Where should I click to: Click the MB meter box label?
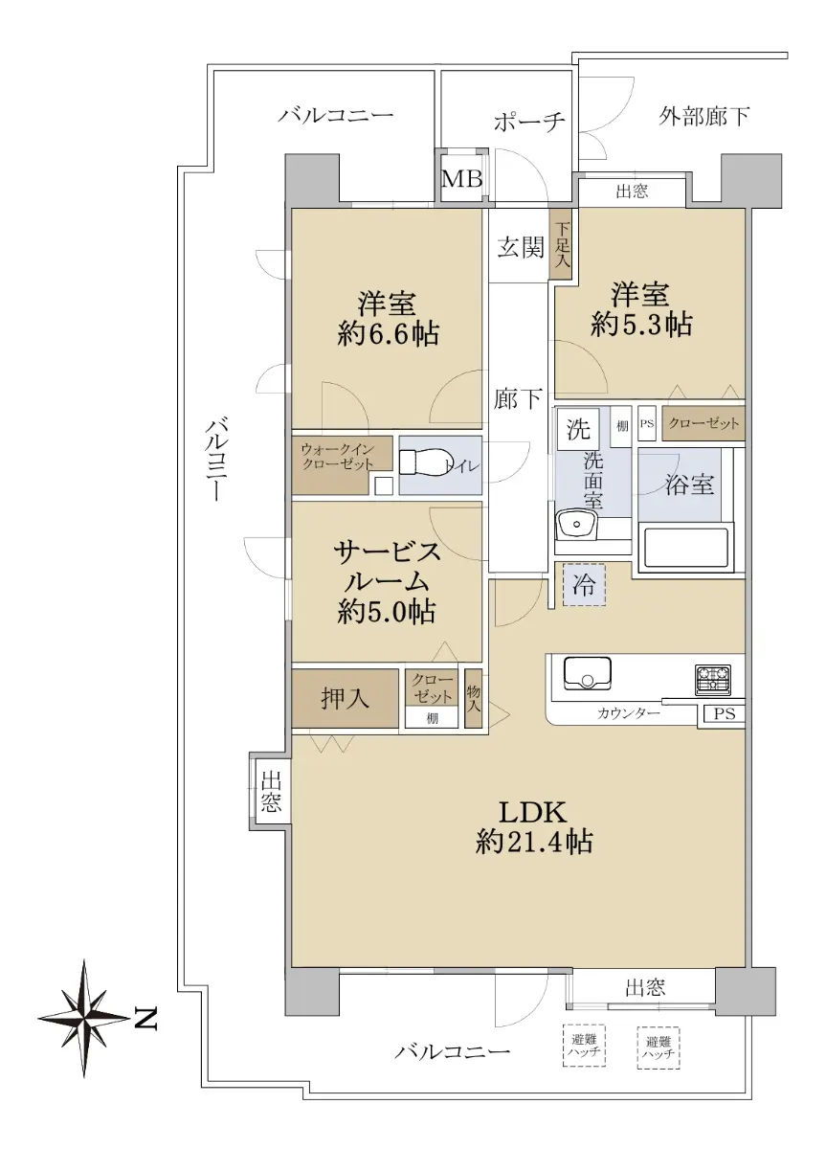(x=461, y=179)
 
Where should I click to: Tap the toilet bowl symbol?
(x=425, y=463)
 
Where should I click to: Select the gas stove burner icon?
(x=712, y=680)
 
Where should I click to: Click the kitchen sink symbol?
(x=587, y=673)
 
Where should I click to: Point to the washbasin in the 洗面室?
(x=576, y=526)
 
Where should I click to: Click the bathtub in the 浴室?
(x=685, y=548)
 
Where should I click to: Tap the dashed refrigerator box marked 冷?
(x=584, y=584)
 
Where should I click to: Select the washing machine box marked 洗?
(x=578, y=428)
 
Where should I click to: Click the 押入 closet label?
(x=345, y=698)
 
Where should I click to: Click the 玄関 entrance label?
(x=520, y=249)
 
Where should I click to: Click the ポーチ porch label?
(x=529, y=122)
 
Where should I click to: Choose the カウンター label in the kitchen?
(x=628, y=713)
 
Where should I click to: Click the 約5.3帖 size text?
(x=641, y=325)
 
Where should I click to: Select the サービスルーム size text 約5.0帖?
(x=387, y=612)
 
